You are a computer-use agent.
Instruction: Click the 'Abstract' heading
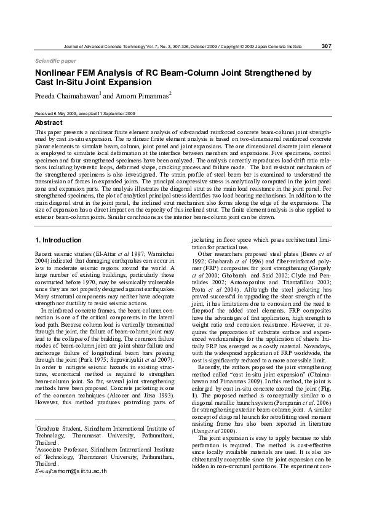[49, 123]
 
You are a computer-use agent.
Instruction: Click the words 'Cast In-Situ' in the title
[63, 82]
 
